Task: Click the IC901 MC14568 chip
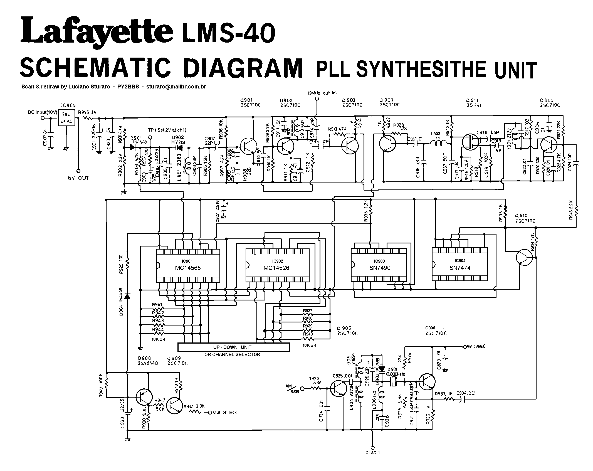(188, 265)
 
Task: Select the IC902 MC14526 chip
(277, 265)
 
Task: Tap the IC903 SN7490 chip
(379, 265)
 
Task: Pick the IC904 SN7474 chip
(459, 265)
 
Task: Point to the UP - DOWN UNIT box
(233, 347)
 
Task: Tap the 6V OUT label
(78, 178)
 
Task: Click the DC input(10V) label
(42, 112)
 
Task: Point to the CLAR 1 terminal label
(372, 460)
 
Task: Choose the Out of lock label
(225, 412)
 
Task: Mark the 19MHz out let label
(322, 93)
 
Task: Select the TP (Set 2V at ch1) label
(167, 130)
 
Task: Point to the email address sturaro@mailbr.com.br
(176, 87)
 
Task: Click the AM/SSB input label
(292, 389)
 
